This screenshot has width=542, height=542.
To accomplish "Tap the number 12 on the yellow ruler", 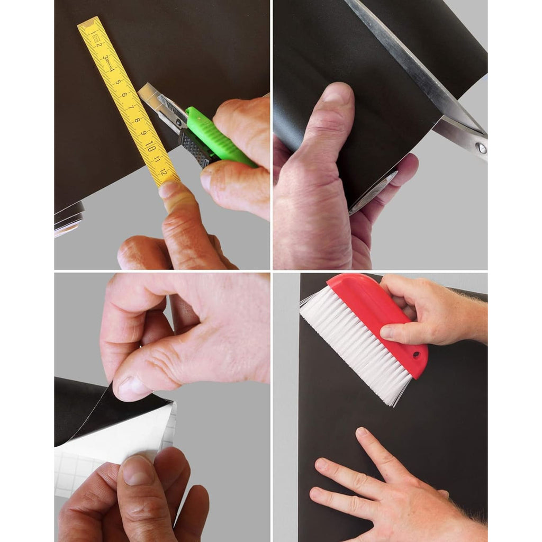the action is click(x=164, y=172).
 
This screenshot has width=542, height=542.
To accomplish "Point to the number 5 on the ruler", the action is click(x=118, y=82).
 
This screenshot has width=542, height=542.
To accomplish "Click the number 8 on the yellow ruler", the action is click(x=137, y=120).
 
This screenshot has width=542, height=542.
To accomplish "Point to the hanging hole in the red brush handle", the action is click(x=416, y=355).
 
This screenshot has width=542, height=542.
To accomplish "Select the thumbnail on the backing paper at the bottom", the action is click(x=137, y=470).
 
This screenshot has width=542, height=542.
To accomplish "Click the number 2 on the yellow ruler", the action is click(x=99, y=44).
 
